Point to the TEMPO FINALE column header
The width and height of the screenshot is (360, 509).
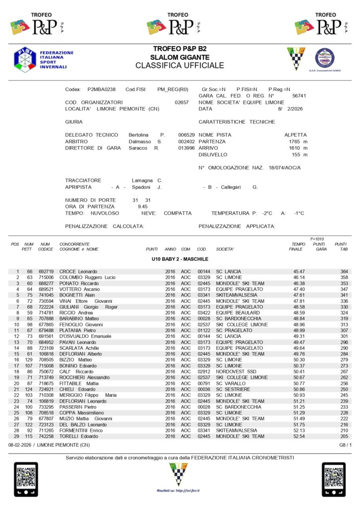tap(298, 247)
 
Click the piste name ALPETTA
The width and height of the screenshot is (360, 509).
tap(295, 135)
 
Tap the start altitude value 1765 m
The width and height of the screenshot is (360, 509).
tap(298, 142)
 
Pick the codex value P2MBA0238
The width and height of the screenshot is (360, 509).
tap(101, 89)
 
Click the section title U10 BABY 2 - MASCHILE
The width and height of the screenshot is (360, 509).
tap(180, 259)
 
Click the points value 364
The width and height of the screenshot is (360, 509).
tap(344, 271)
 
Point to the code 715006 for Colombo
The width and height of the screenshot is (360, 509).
tap(45, 277)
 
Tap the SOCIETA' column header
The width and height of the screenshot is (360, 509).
tap(225, 249)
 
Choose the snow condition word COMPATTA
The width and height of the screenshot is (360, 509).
tap(178, 213)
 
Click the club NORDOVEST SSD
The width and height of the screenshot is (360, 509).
tap(237, 371)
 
